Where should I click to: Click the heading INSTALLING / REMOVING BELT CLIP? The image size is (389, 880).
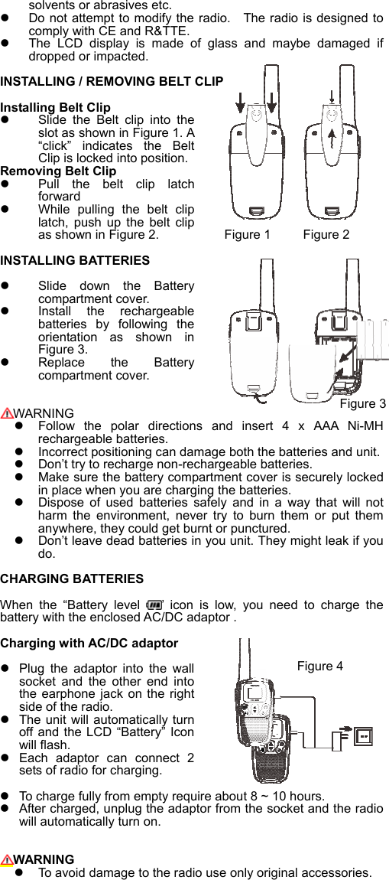112,81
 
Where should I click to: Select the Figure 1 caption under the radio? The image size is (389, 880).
247,234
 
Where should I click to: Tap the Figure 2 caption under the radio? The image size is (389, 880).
326,234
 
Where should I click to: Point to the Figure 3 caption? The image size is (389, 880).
362,403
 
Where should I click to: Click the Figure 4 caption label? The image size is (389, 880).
319,666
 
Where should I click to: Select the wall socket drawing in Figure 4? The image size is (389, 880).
365,738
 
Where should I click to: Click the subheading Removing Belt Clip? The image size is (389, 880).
59,171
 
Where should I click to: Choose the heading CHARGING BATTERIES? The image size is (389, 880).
72,579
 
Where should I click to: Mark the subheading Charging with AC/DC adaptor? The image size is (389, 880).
89,643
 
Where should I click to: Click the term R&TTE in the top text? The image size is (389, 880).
167,31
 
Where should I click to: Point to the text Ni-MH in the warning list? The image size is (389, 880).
367,426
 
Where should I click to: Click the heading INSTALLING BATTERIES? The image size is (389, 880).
75,261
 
